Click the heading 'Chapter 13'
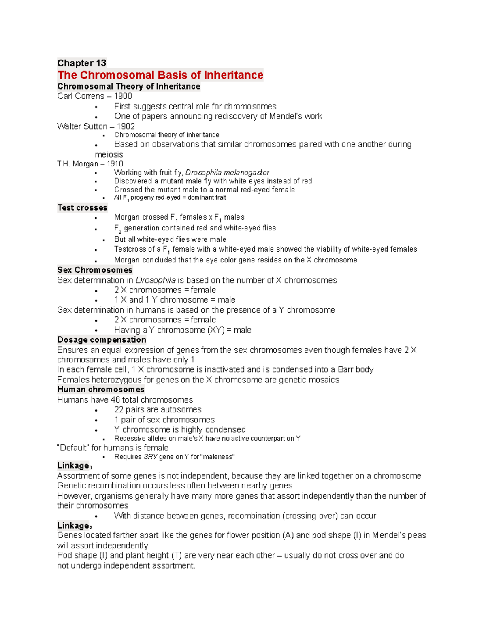[81, 63]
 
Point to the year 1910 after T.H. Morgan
[115, 164]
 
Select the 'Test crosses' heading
[82, 208]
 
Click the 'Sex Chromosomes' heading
[95, 270]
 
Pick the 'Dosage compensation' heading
[102, 340]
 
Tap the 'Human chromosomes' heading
[100, 390]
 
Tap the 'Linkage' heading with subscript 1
[73, 466]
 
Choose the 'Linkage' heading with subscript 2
[73, 526]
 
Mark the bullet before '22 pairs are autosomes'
[96, 410]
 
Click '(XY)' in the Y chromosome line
[215, 330]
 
